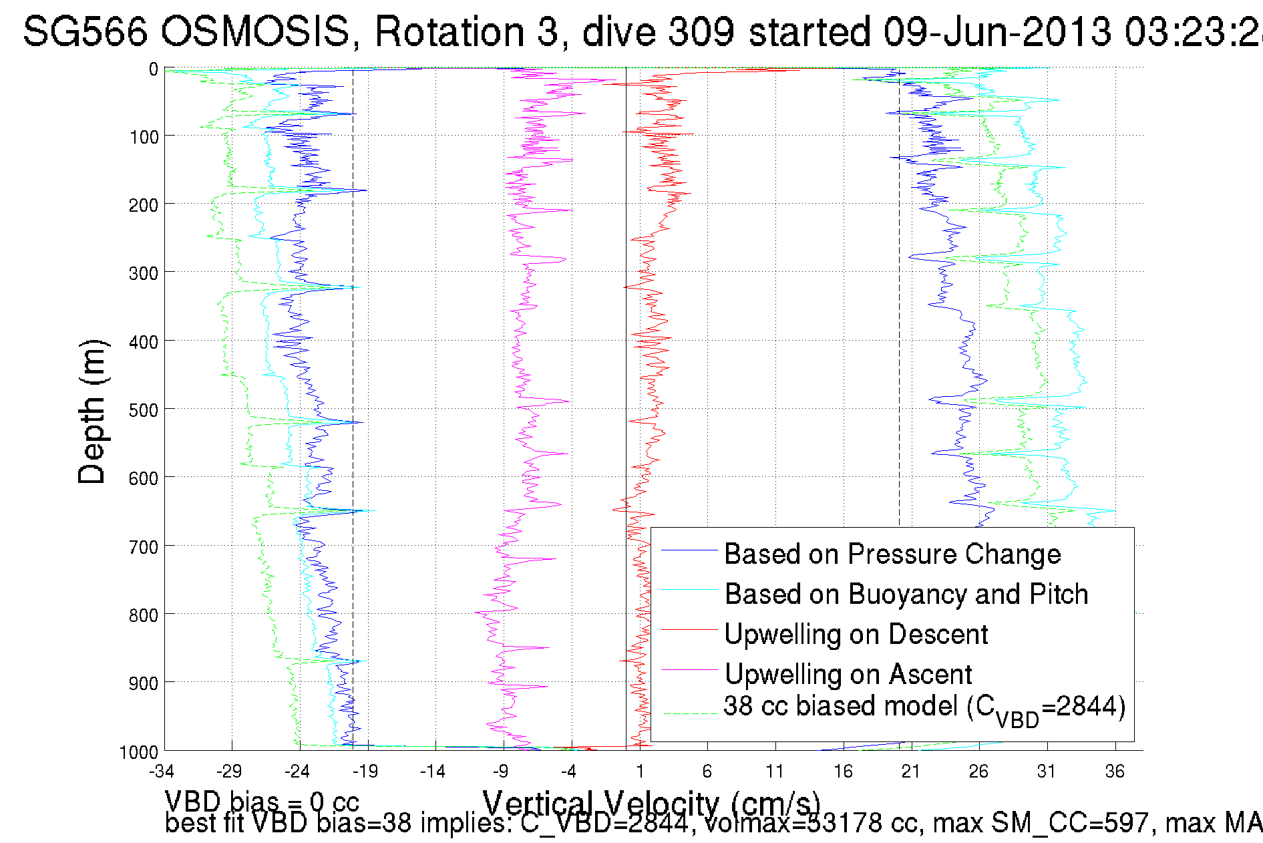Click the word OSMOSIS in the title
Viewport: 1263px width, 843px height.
[x=256, y=31]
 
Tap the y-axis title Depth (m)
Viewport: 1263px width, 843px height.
[x=92, y=411]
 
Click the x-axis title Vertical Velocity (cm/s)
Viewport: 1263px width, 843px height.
[x=651, y=802]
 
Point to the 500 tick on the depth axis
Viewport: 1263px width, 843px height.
[x=144, y=409]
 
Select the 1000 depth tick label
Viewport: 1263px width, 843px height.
[x=139, y=753]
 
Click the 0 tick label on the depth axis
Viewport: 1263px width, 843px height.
[x=154, y=69]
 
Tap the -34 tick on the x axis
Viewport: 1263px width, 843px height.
[x=162, y=772]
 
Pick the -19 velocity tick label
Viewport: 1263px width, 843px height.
[x=365, y=772]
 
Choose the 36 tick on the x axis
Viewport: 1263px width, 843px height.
[x=1115, y=772]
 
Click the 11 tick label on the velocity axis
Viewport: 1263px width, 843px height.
[x=775, y=772]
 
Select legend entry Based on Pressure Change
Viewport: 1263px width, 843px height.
[x=892, y=554]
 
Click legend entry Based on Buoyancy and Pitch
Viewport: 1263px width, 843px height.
[x=906, y=595]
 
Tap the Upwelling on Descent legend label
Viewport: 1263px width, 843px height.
[x=856, y=635]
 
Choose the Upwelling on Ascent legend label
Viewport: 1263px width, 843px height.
[x=848, y=675]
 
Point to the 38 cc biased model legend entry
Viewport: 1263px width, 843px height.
[x=924, y=707]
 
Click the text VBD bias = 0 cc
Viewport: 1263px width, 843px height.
[x=262, y=801]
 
